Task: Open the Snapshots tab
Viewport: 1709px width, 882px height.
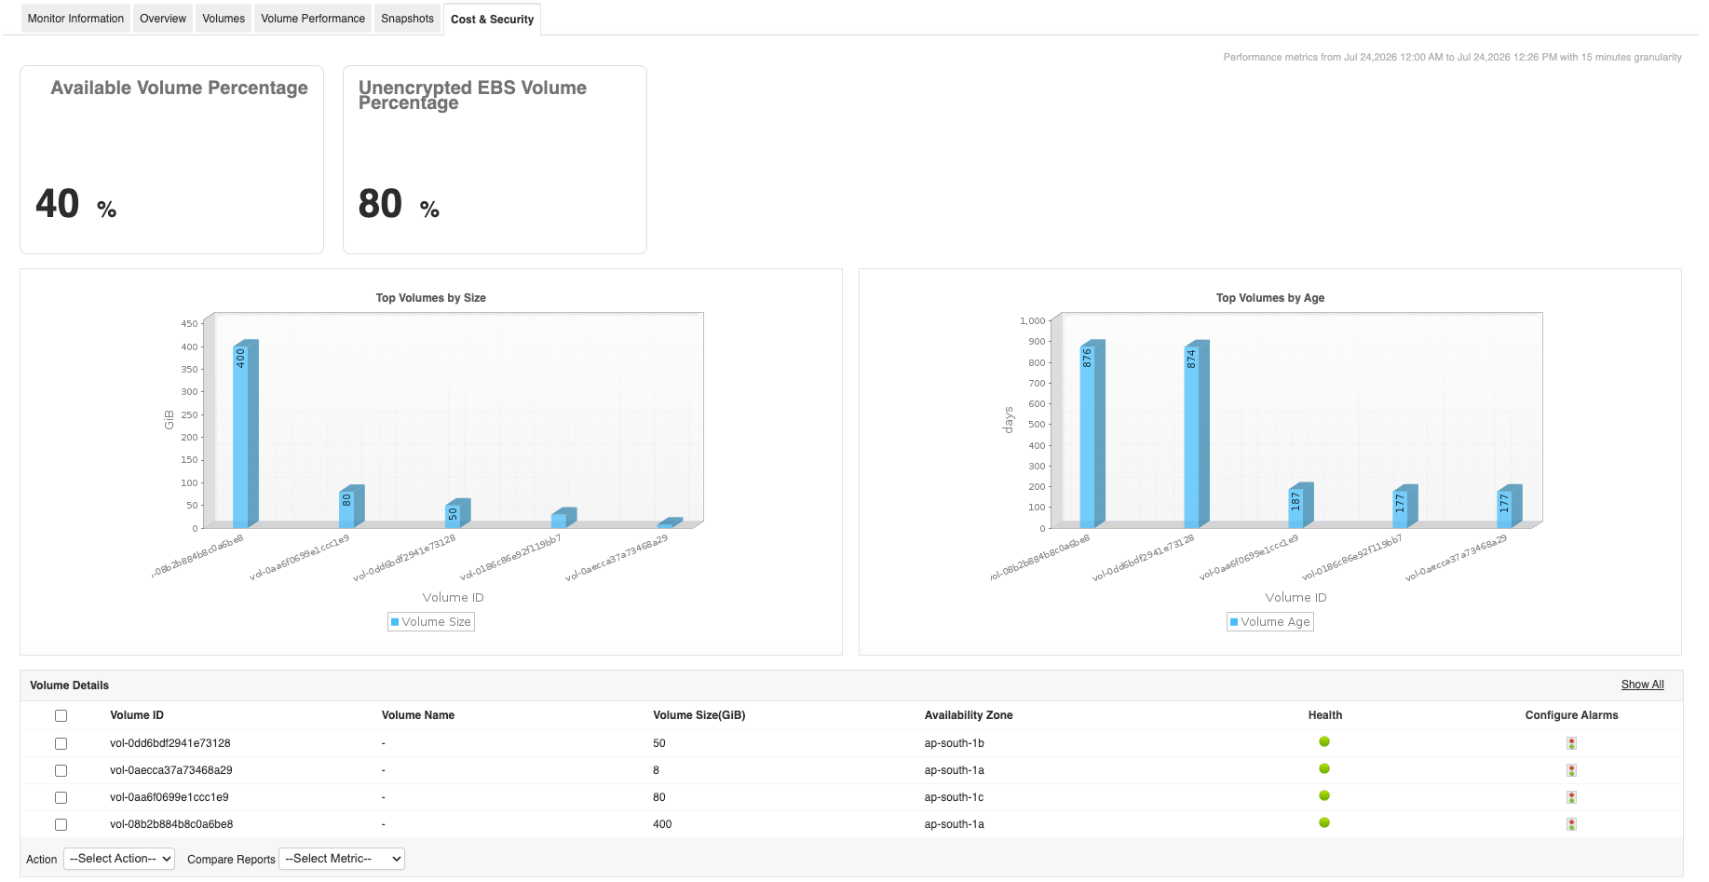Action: click(407, 19)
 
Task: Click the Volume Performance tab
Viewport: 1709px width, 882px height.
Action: click(313, 19)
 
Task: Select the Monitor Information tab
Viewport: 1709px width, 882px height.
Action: click(75, 19)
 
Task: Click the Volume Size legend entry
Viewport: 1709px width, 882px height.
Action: click(431, 622)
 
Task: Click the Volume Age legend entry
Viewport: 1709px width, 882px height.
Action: click(1270, 622)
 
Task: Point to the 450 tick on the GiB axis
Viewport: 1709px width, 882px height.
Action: click(189, 324)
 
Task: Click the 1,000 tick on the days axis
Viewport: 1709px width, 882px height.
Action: click(1033, 321)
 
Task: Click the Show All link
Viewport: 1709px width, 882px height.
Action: click(1642, 685)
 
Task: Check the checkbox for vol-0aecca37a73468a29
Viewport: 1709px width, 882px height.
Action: click(61, 770)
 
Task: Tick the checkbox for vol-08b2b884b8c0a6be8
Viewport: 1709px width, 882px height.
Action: click(61, 824)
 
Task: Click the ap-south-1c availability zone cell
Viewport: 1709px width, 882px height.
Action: click(954, 797)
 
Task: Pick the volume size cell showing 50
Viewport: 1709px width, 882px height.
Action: click(659, 743)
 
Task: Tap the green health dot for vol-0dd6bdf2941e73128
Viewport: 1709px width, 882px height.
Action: click(1324, 742)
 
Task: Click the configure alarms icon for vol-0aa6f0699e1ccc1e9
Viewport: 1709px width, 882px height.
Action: click(1571, 797)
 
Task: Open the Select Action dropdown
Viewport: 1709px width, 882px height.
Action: click(119, 859)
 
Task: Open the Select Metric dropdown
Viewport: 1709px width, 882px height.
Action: click(342, 859)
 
